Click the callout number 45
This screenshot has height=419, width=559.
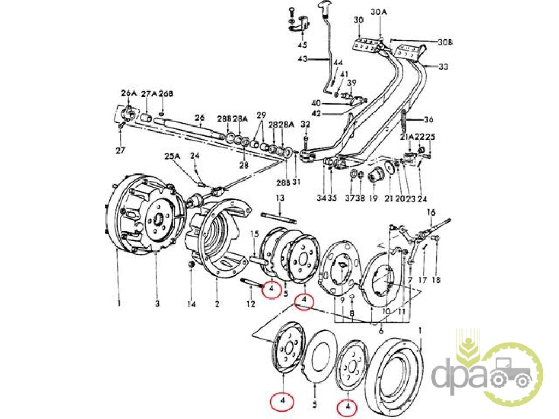point(302,44)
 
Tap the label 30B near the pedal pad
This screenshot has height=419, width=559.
point(445,42)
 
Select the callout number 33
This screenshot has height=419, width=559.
point(443,67)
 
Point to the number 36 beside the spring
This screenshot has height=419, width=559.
point(429,120)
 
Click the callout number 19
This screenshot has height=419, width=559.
point(373,199)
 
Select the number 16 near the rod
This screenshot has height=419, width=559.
point(431,212)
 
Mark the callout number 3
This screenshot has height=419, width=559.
point(157,303)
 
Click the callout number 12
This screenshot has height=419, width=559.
point(251,303)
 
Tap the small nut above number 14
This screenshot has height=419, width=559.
point(191,265)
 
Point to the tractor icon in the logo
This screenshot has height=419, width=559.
point(511,373)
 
